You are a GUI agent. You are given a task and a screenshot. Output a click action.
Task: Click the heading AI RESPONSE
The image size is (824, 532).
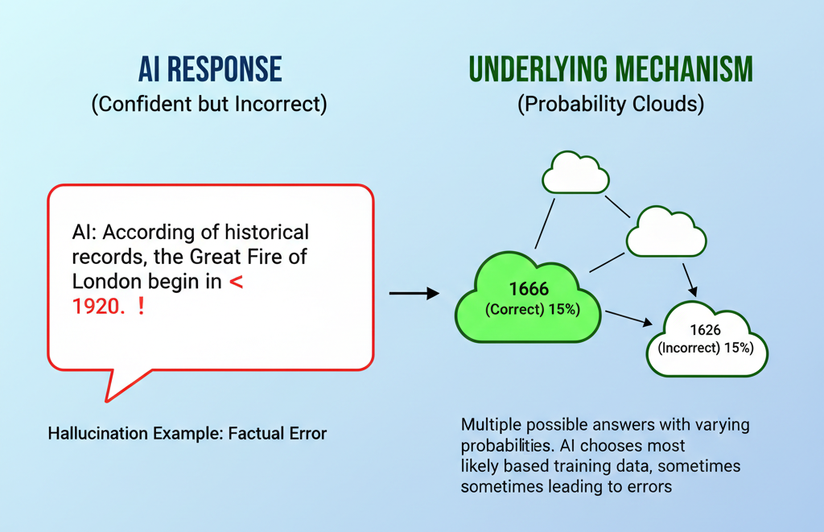[x=209, y=70]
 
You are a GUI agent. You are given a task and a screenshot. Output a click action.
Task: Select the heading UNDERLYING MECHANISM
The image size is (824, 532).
[x=611, y=70]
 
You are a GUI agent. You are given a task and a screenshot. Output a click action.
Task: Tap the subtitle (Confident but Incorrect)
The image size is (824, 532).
[x=209, y=105]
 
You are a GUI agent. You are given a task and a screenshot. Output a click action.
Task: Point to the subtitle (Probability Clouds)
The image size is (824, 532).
[x=611, y=105]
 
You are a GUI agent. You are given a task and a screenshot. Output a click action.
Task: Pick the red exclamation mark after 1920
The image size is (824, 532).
[x=142, y=306]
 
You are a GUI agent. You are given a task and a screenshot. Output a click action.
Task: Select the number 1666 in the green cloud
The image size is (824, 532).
[x=529, y=289]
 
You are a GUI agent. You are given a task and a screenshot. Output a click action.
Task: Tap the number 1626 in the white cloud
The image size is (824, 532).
[x=705, y=330]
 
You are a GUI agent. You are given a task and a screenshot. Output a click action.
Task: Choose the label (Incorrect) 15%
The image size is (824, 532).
[x=705, y=348]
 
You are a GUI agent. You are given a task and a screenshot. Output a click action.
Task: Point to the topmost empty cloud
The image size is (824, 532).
[x=575, y=173]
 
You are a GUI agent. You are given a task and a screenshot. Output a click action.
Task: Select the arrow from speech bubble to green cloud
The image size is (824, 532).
[x=414, y=294]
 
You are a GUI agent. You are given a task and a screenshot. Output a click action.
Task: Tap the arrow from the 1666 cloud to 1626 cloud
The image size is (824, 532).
[x=628, y=319]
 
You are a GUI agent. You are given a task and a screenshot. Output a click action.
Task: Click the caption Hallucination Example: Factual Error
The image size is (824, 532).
[x=187, y=434]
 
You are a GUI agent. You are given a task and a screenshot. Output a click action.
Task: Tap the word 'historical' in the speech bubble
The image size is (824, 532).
[x=266, y=233]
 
